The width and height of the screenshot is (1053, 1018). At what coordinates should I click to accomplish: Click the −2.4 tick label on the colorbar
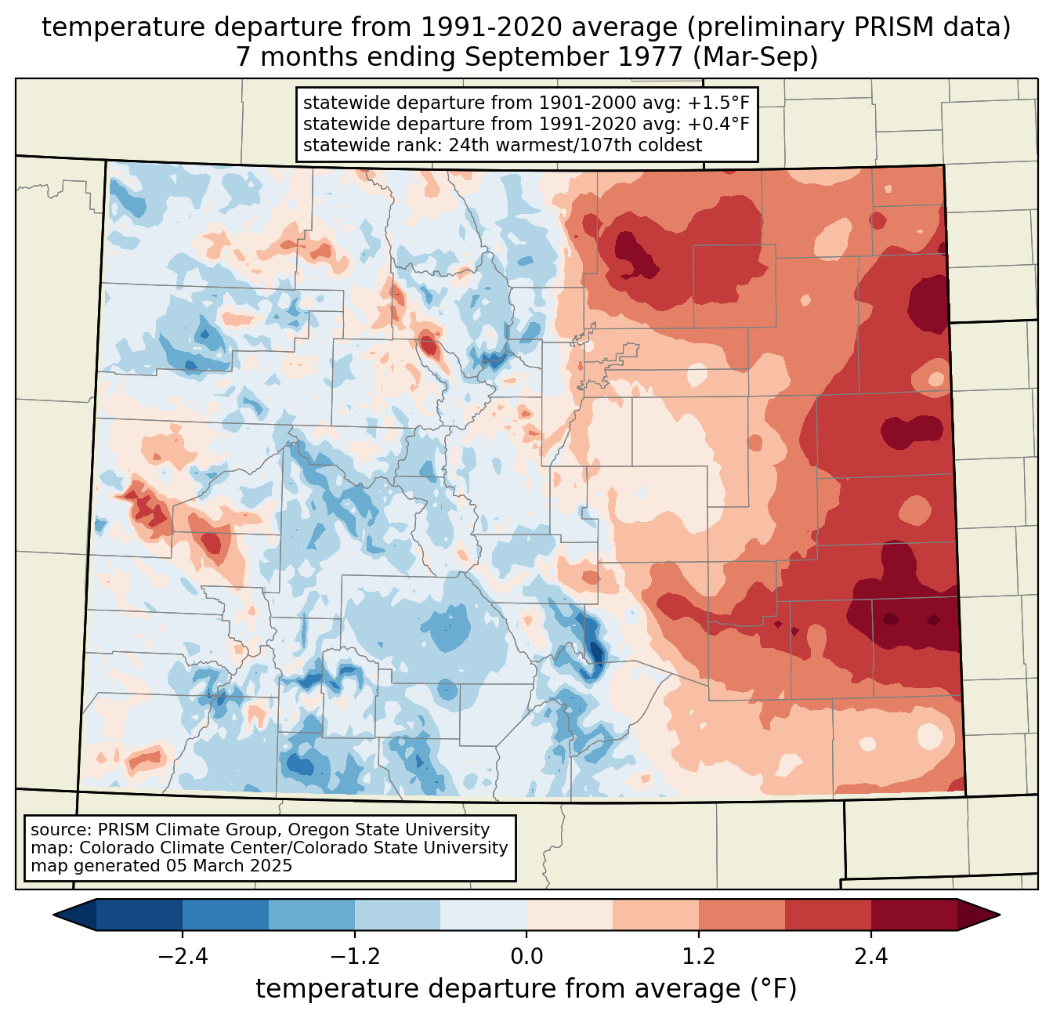coord(182,957)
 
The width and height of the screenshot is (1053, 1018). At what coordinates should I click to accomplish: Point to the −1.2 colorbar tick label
coord(354,957)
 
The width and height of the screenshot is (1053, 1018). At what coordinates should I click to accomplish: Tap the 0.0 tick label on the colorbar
coord(526,957)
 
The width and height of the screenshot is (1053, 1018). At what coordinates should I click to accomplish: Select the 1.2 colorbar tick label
coord(699,957)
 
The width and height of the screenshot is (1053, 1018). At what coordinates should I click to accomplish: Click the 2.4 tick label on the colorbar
coord(871,957)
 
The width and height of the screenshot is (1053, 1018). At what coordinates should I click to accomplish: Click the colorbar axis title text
coord(526,989)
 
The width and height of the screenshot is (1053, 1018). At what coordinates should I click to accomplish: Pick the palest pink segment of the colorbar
coord(570,915)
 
